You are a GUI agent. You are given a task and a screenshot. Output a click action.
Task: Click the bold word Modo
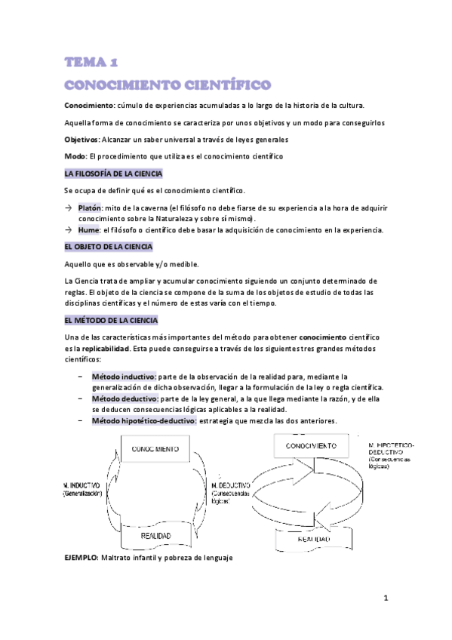pyautogui.click(x=75, y=156)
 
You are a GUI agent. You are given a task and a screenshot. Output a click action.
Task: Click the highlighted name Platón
pyautogui.click(x=90, y=208)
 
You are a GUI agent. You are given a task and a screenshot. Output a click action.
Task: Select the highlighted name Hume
pyautogui.click(x=89, y=229)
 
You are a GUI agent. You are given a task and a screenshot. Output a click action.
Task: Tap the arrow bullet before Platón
pyautogui.click(x=68, y=208)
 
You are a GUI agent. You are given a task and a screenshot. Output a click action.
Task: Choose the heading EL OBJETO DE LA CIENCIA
pyautogui.click(x=109, y=246)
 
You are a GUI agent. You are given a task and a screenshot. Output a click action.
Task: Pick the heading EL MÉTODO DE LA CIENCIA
pyautogui.click(x=110, y=320)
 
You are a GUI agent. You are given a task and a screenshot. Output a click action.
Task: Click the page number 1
pyautogui.click(x=385, y=598)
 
